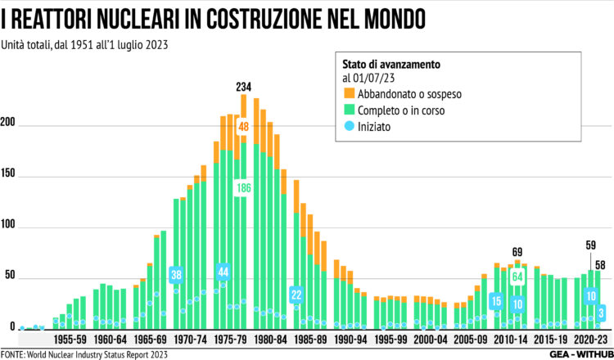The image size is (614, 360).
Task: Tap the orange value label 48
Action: click(x=243, y=127)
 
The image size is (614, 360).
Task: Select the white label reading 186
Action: click(x=243, y=188)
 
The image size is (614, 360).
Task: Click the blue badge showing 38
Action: click(x=176, y=275)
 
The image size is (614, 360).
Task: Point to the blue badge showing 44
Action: click(x=223, y=272)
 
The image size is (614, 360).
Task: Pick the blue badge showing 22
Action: click(x=296, y=295)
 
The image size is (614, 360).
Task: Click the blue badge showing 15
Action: click(x=496, y=302)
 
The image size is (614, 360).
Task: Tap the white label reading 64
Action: click(x=517, y=277)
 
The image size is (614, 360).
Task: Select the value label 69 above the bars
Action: click(x=517, y=251)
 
